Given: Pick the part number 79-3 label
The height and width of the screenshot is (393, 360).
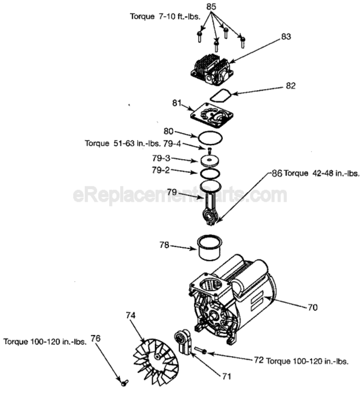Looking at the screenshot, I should (x=161, y=158).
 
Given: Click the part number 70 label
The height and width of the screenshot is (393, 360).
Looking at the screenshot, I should (x=312, y=308).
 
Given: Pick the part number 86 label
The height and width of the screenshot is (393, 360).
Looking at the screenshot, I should (x=276, y=173).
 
